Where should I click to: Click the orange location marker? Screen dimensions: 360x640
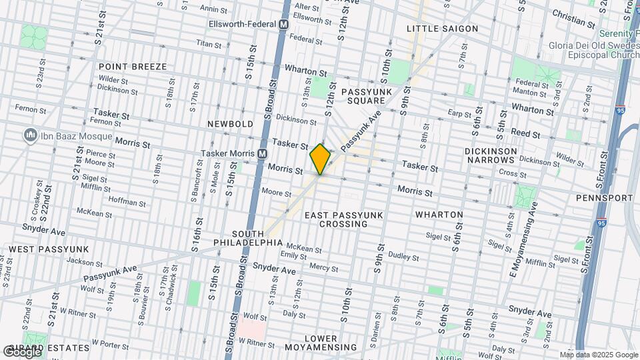pos(320,159)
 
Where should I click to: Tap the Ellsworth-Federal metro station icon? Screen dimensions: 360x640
pos(283,24)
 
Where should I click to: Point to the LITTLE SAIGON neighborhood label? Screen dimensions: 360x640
pos(443,29)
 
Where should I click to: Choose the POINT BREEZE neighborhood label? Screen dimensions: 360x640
pos(132,67)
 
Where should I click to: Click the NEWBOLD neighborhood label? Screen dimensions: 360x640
pos(230,124)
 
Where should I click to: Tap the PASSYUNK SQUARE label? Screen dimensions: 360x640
pos(364,95)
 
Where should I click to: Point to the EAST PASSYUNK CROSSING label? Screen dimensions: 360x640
pos(336,219)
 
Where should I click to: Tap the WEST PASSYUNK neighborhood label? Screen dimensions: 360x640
pos(48,249)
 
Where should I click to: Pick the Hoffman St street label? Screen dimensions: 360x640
pos(127,202)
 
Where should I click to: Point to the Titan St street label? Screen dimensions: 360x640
pos(208,44)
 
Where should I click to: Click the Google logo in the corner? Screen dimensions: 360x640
pos(22,351)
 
